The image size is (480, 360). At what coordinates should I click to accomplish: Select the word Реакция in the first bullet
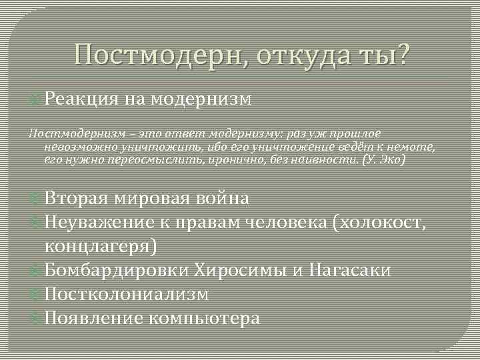pos(81,100)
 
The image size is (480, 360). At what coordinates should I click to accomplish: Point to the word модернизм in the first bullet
pos(201,100)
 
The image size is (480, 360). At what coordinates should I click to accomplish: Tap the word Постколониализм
pos(127,294)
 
